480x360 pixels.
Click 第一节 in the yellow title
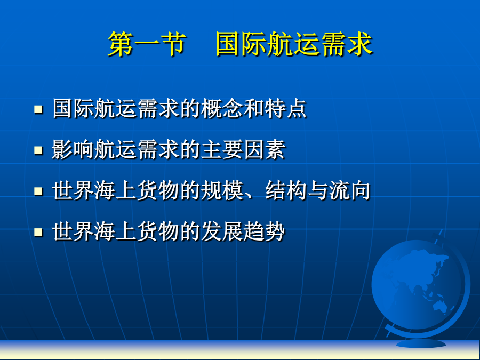(147, 44)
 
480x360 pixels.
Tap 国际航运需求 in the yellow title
(294, 44)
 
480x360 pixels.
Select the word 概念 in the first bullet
(222, 108)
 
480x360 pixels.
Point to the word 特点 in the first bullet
(286, 108)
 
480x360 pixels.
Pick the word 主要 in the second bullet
(222, 149)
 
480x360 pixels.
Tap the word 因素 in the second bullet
(265, 149)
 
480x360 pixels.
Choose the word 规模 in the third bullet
(222, 190)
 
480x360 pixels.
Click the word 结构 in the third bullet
(286, 190)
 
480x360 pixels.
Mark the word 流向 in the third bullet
(349, 190)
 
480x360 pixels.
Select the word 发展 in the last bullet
(222, 231)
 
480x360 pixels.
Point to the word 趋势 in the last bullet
(265, 231)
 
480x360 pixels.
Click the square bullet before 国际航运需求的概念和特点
(38, 109)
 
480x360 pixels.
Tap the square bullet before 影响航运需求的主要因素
(38, 150)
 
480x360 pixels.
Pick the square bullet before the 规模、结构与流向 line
(38, 191)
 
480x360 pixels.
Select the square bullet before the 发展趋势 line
(38, 232)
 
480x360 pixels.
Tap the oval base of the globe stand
(421, 344)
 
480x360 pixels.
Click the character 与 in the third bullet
(318, 190)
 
